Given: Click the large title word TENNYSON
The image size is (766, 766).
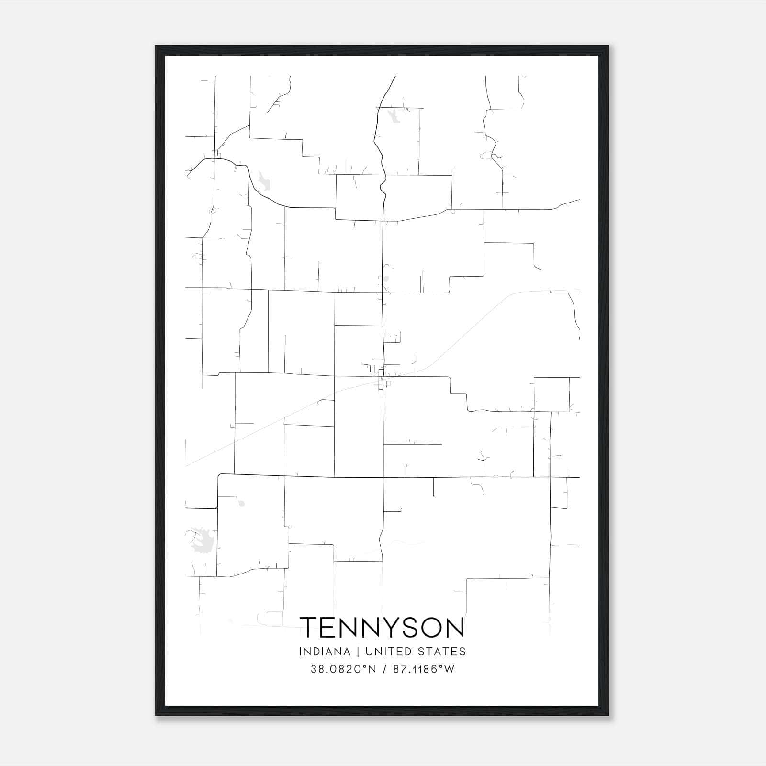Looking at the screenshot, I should click(x=382, y=627).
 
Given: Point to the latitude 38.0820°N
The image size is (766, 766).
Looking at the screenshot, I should click(x=343, y=669).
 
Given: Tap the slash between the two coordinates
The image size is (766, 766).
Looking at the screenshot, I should click(x=385, y=669).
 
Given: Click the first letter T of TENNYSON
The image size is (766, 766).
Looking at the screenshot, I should click(x=309, y=627).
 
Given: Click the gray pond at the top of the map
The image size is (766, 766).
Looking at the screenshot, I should click(x=394, y=115).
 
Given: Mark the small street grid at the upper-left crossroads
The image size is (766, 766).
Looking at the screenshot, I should click(x=215, y=155).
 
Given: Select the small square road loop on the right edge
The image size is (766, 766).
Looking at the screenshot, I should click(x=552, y=394).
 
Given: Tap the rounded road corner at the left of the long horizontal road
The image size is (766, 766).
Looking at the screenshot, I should click(x=220, y=476).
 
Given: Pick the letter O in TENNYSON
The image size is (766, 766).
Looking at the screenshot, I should click(x=431, y=627).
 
